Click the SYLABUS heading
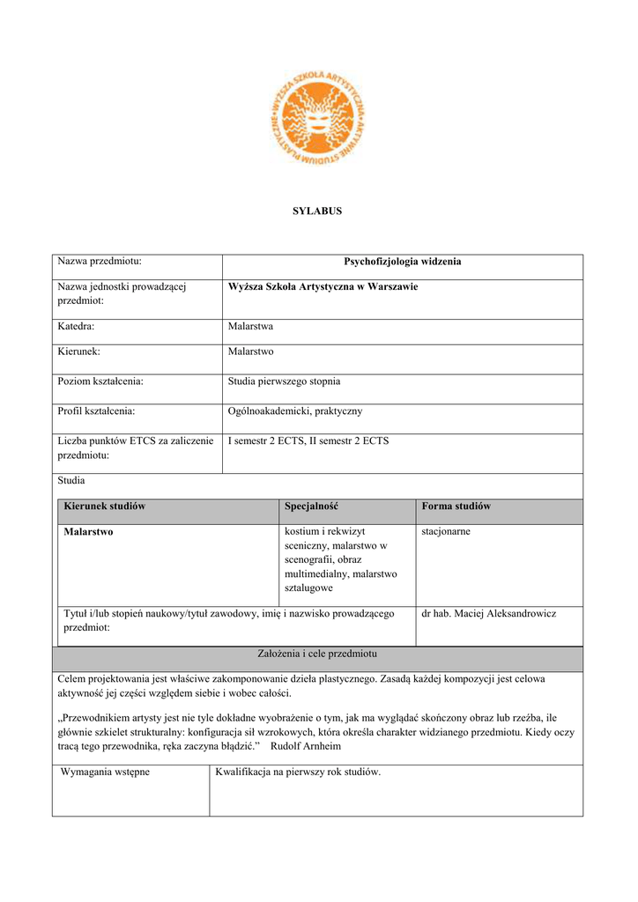point(317,211)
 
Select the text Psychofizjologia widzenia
point(402,262)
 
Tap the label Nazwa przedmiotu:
point(100,261)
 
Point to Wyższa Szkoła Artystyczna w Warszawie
point(323,287)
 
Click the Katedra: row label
point(76,326)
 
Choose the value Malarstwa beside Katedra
point(250,326)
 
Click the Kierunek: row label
point(78,351)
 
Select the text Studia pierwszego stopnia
point(284,381)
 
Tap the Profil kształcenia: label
point(96,411)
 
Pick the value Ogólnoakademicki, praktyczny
point(294,411)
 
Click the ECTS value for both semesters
point(308,440)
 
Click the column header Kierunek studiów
point(104,506)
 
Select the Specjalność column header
point(311,506)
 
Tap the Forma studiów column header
point(456,506)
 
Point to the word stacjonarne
point(446,532)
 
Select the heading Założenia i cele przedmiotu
point(317,654)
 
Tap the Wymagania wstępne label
point(105,773)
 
